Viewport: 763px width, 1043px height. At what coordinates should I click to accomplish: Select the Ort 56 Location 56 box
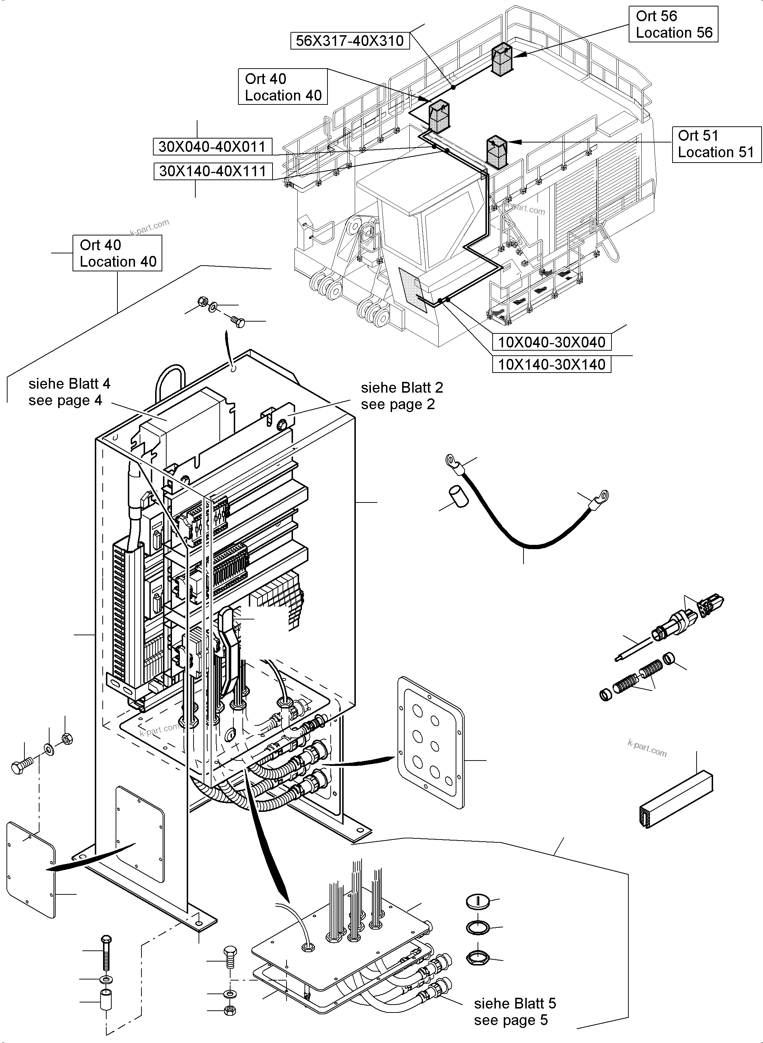(673, 24)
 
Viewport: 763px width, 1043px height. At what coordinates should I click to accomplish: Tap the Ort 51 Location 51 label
(716, 144)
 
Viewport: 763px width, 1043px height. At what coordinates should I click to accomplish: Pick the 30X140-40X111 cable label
(213, 171)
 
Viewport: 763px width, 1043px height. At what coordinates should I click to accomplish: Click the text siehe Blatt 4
(69, 384)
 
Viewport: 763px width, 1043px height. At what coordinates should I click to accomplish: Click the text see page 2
(398, 404)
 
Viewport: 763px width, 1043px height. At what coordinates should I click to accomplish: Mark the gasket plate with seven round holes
(430, 743)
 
